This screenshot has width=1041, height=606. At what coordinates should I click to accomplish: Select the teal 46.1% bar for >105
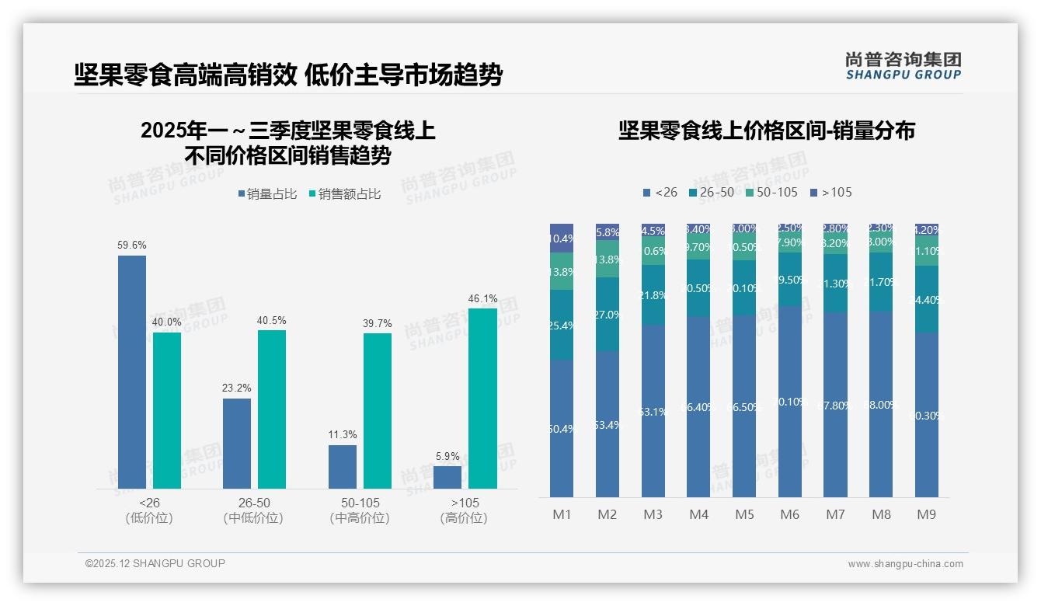[x=482, y=398]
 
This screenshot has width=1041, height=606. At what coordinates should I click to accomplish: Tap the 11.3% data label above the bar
[x=342, y=435]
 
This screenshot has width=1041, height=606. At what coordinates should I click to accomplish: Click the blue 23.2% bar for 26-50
[x=237, y=443]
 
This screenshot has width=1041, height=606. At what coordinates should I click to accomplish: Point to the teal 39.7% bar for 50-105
[x=378, y=410]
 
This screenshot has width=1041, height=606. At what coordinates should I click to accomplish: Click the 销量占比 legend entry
[x=266, y=194]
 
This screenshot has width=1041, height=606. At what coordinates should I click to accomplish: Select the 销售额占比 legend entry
[x=344, y=194]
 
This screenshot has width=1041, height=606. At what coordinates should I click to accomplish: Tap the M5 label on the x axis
[x=744, y=514]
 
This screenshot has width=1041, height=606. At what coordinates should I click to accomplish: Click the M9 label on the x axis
[x=926, y=514]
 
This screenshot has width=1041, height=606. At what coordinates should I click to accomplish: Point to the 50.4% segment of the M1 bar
[x=562, y=428]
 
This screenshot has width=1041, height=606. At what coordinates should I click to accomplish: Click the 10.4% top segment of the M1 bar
[x=562, y=238]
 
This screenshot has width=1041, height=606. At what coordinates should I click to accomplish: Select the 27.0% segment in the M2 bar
[x=608, y=314]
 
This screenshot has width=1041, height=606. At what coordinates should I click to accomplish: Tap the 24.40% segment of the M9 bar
[x=927, y=299]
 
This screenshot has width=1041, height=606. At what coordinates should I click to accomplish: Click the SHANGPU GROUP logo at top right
[x=903, y=66]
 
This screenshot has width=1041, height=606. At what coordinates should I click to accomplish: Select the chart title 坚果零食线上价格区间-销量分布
[x=766, y=131]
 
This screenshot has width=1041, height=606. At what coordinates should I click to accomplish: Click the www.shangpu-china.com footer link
[x=905, y=564]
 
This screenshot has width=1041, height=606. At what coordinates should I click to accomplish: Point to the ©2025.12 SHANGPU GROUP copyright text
[x=155, y=563]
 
